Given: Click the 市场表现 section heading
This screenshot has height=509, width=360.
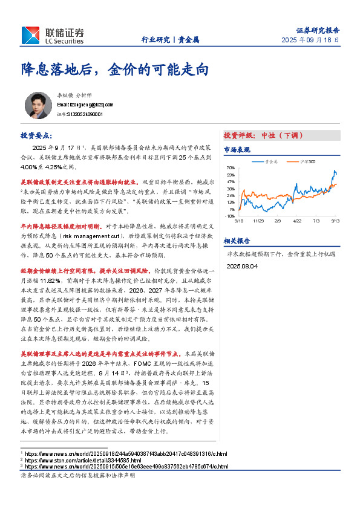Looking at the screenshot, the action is pyautogui.click(x=237, y=149).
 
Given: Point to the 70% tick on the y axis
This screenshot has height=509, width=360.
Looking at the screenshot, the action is pyautogui.click(x=230, y=167).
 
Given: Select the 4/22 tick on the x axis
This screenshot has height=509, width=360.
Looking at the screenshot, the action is pyautogui.click(x=296, y=221).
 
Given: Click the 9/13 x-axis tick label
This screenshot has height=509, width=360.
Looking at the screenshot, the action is pyautogui.click(x=335, y=221).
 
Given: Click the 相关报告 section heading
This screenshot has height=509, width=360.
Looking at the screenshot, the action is pyautogui.click(x=237, y=240).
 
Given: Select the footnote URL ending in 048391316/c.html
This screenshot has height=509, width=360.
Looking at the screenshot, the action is pyautogui.click(x=125, y=453).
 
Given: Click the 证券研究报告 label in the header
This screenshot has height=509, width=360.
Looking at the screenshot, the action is pyautogui.click(x=318, y=30).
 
